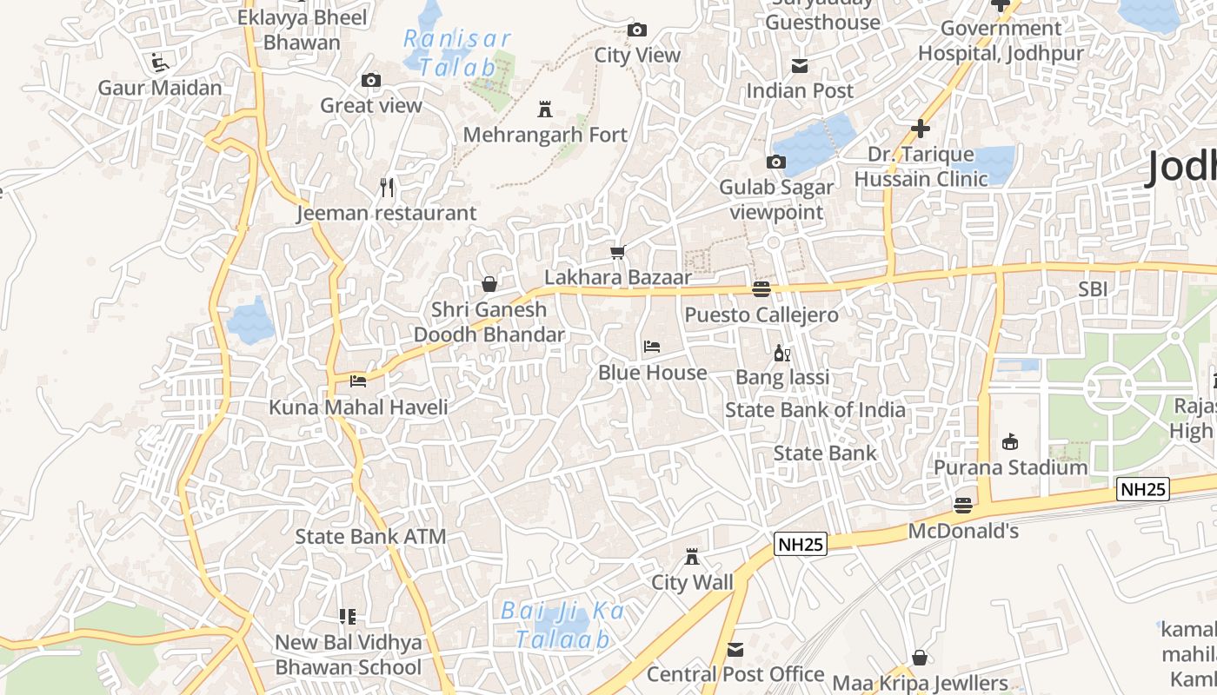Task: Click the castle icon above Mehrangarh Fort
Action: tap(545, 109)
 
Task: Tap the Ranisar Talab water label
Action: tap(457, 52)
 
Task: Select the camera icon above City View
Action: tap(637, 30)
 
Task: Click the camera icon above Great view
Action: tap(371, 81)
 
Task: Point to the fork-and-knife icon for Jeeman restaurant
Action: tap(388, 187)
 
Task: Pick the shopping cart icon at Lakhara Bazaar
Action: tap(617, 253)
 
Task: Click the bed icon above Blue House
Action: tap(652, 347)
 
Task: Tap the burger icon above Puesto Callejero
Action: tap(761, 289)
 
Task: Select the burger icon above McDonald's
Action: tap(962, 505)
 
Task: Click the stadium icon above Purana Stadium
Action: tap(1010, 442)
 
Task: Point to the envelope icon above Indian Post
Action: tap(800, 66)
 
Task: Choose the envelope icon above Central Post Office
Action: tap(735, 649)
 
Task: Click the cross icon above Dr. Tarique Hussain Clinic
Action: tap(921, 129)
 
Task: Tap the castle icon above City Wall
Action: tap(692, 556)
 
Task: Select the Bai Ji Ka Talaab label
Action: tap(562, 625)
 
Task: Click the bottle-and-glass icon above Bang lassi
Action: tap(781, 353)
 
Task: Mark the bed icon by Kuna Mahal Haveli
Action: tap(358, 381)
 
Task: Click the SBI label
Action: tap(1093, 289)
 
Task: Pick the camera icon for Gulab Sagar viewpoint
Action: tap(775, 162)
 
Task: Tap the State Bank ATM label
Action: tap(370, 536)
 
